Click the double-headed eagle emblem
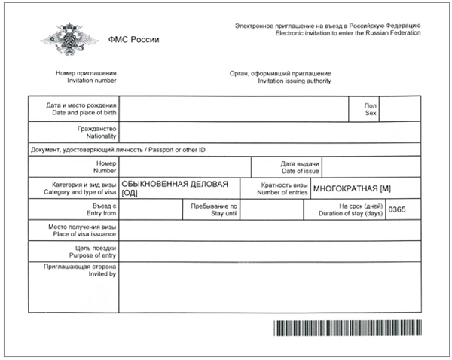[x=63, y=38]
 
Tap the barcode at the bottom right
[x=346, y=328]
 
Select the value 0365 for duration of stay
[x=397, y=209]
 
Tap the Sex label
[x=370, y=113]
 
